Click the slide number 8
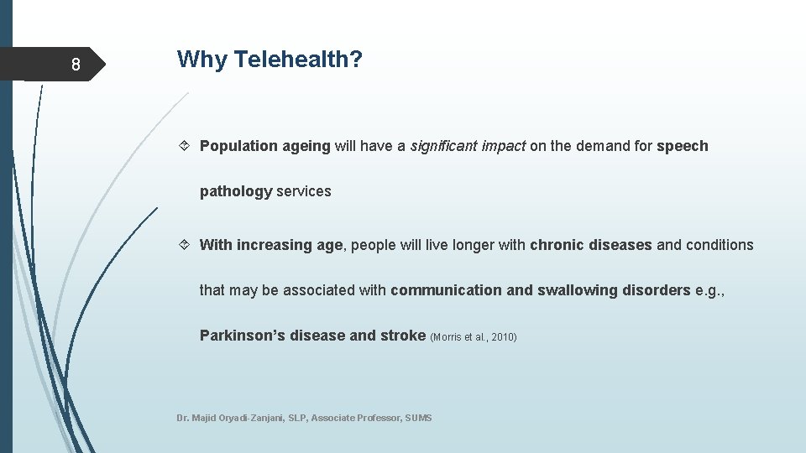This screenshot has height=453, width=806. point(76,65)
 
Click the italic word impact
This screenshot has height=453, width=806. point(504,146)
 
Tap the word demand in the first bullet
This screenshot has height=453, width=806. point(603,146)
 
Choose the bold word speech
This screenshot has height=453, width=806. point(682,146)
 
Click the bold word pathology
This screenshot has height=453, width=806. point(236,191)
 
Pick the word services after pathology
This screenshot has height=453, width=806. point(304,191)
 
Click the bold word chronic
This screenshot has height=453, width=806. point(557,245)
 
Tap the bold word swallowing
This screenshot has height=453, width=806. point(578,290)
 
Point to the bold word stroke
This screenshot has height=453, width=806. point(403,336)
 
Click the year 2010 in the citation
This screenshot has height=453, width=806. point(502,337)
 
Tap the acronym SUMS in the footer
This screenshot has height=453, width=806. point(418,418)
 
